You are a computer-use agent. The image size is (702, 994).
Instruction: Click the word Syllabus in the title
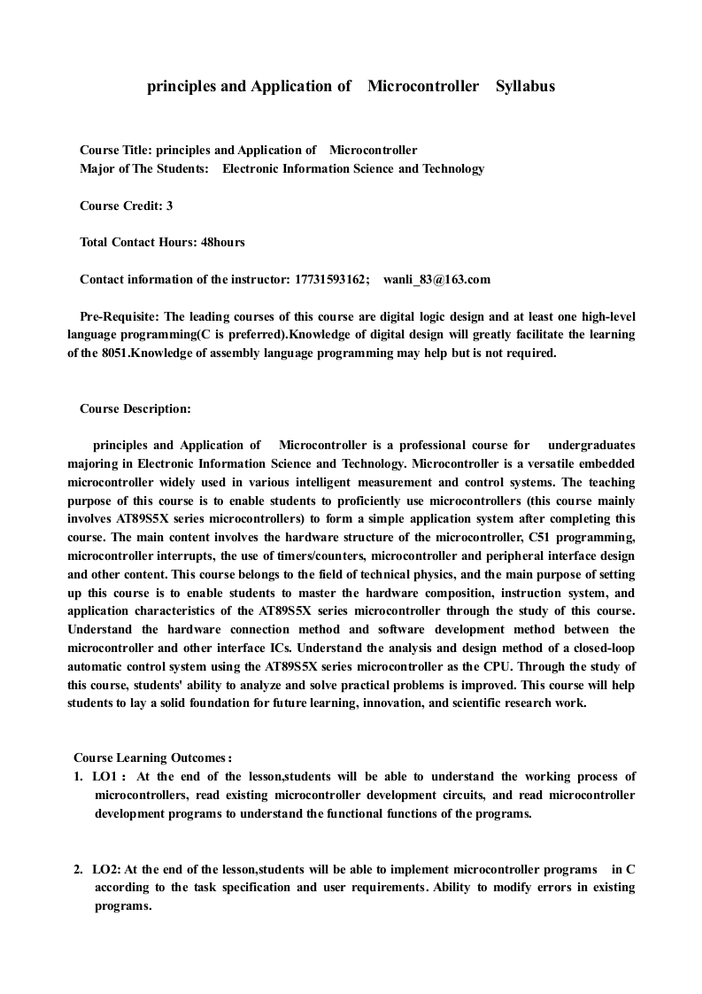(x=525, y=87)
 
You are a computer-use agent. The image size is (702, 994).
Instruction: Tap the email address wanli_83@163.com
(x=436, y=279)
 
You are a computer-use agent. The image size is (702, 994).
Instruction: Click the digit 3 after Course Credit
(x=169, y=206)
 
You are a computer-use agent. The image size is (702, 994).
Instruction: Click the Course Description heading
(x=135, y=408)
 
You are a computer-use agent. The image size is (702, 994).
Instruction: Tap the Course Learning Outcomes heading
(x=152, y=757)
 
